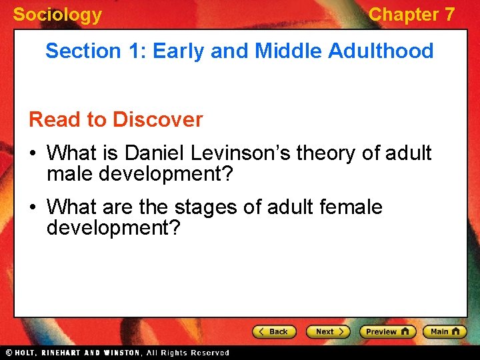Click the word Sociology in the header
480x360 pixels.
57,15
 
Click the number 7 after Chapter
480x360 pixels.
449,15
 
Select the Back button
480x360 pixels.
274,331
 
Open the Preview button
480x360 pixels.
387,331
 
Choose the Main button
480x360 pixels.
443,331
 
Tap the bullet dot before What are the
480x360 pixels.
33,208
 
